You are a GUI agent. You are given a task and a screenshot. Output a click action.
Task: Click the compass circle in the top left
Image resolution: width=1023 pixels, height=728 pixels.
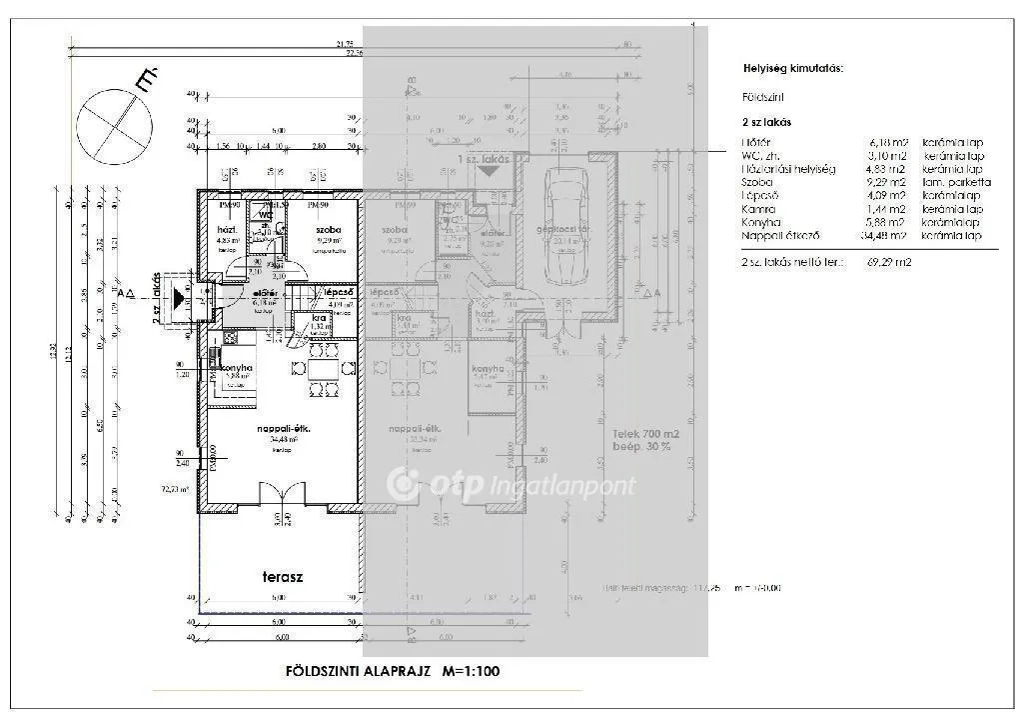coord(118,125)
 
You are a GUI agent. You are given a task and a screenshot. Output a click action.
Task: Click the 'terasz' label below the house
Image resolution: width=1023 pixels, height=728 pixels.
coord(283,577)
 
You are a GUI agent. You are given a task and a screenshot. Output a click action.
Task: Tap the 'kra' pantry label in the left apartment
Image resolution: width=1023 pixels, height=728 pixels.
coord(319,317)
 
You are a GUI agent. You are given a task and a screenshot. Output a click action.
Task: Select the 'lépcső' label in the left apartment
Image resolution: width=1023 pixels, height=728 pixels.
coord(326,291)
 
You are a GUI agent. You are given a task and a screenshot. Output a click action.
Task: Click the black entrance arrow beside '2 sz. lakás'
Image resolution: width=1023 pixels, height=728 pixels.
coord(179,297)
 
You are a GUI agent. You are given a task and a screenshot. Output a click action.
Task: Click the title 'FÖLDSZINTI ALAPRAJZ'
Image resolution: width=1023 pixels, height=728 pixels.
coord(345,671)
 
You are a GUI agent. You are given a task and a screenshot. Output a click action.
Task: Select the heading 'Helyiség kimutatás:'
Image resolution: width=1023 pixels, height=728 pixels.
coord(793,68)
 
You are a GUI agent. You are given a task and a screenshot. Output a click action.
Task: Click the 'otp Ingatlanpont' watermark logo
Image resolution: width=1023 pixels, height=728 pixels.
coord(511,485)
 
